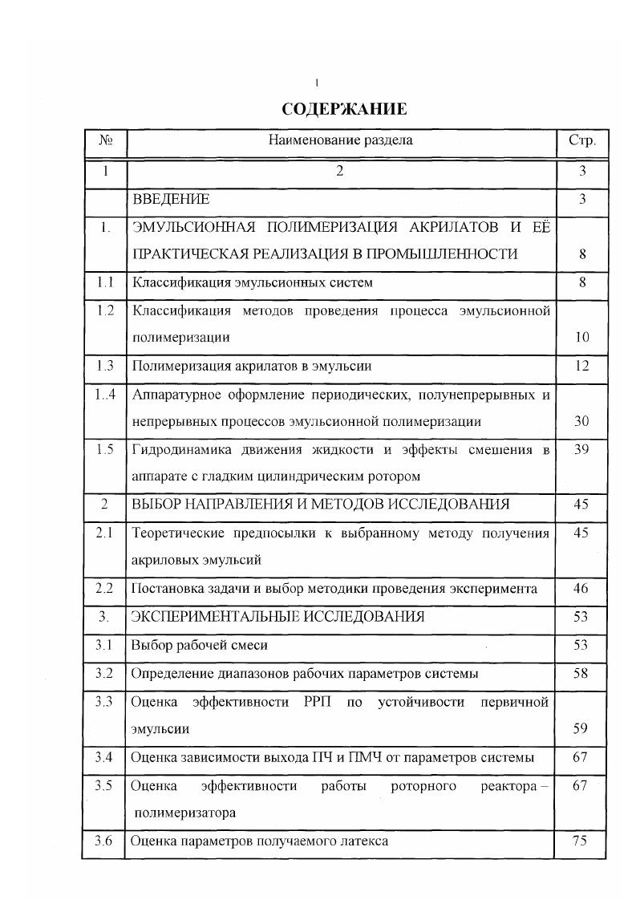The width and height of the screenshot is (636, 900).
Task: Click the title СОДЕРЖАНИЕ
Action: (344, 109)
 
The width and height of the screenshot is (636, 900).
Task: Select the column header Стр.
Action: (581, 140)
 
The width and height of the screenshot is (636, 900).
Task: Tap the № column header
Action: (105, 140)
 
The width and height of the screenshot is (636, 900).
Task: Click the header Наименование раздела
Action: (341, 140)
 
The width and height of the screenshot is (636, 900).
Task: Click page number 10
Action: (582, 338)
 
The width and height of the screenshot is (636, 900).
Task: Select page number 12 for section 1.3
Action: (582, 366)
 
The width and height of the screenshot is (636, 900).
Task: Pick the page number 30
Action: (582, 421)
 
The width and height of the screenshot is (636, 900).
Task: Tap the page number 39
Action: (582, 449)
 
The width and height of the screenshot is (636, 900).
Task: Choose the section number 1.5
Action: (105, 449)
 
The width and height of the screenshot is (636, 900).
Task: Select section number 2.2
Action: (105, 589)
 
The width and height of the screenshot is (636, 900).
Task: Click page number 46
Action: (582, 589)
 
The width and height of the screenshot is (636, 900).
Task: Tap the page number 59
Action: (582, 730)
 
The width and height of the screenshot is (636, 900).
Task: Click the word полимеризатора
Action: (185, 813)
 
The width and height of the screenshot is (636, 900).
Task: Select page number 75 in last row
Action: (582, 841)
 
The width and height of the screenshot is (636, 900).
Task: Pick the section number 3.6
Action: (103, 841)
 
